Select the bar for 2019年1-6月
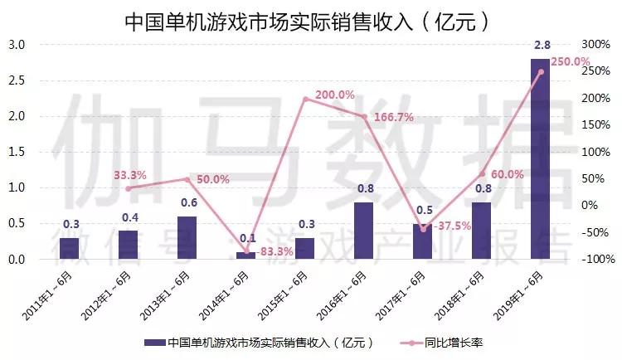pyautogui.click(x=540, y=159)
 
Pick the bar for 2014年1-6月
pyautogui.click(x=246, y=255)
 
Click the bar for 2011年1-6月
pyautogui.click(x=70, y=249)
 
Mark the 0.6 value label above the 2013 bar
pyautogui.click(x=187, y=203)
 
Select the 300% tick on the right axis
pyautogui.click(x=595, y=44)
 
